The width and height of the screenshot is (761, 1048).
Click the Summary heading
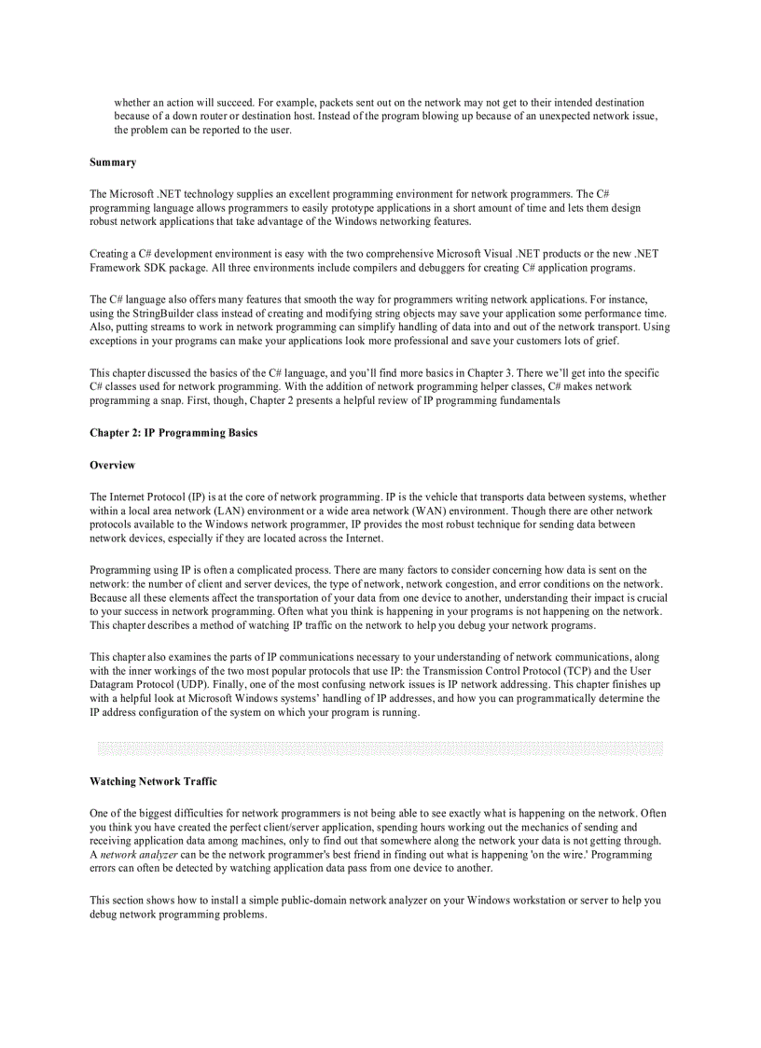113,162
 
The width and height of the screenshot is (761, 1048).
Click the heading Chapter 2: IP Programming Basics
173,433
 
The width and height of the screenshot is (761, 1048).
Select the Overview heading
112,465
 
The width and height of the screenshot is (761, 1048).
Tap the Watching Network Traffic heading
153,781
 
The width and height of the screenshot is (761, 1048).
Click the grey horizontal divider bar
380,748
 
